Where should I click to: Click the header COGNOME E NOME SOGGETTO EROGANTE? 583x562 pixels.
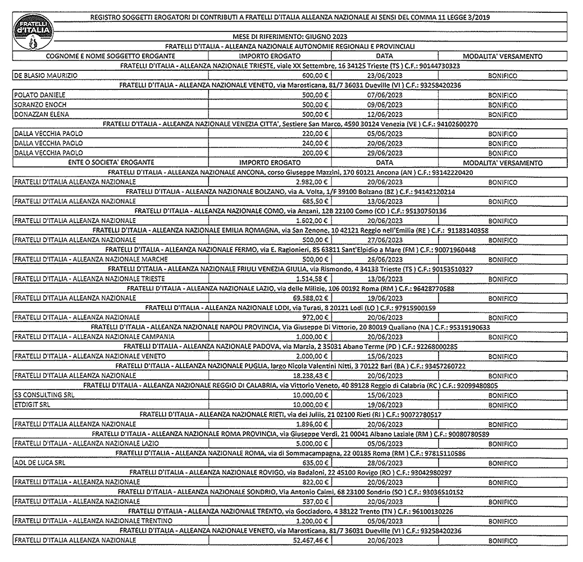111,56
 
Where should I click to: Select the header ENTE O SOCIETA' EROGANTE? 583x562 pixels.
111,163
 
